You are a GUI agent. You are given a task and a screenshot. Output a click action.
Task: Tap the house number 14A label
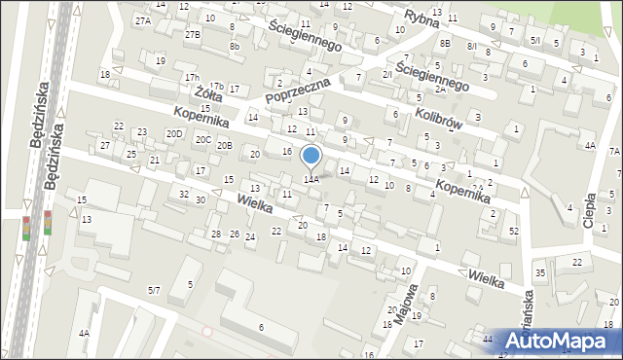pyautogui.click(x=311, y=179)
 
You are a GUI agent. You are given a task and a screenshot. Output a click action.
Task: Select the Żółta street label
pyautogui.click(x=205, y=93)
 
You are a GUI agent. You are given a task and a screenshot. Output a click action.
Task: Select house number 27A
pyautogui.click(x=143, y=20)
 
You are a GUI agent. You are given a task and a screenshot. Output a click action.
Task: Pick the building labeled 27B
pyautogui.click(x=193, y=35)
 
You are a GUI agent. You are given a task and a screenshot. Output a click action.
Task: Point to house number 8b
pyautogui.click(x=234, y=46)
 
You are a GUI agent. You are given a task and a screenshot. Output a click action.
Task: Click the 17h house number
pyautogui.click(x=192, y=78)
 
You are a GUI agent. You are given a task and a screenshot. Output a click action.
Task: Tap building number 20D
pyautogui.click(x=173, y=133)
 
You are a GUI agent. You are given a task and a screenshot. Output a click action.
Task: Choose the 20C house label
pyautogui.click(x=202, y=139)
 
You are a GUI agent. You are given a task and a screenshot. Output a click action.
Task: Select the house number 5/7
pyautogui.click(x=154, y=290)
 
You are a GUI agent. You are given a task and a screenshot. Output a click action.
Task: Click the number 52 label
pyautogui.click(x=513, y=231)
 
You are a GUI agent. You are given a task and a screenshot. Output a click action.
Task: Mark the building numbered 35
pyautogui.click(x=540, y=272)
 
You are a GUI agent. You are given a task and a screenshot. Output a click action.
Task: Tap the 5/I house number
pyautogui.click(x=535, y=40)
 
